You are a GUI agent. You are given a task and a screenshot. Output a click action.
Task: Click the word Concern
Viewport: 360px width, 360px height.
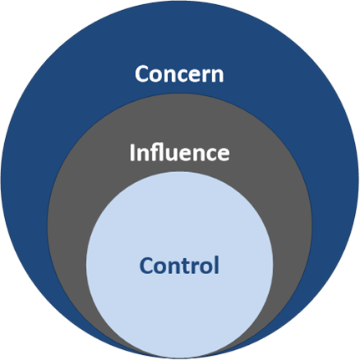click(180, 74)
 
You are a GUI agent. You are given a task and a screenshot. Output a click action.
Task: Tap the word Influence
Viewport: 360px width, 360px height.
click(180, 152)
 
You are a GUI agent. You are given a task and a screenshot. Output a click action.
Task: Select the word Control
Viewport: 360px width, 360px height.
click(180, 266)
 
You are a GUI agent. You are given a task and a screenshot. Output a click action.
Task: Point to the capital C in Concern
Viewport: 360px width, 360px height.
click(141, 74)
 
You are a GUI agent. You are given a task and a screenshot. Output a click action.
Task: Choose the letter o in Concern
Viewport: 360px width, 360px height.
click(156, 76)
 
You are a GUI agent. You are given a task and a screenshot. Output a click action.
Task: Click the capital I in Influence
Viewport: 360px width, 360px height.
click(132, 153)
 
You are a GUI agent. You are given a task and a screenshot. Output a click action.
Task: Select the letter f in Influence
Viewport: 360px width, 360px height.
click(155, 152)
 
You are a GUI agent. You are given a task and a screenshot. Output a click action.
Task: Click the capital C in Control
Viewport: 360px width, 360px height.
click(145, 266)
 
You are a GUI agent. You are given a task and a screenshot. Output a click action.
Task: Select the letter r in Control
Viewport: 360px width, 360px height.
click(196, 268)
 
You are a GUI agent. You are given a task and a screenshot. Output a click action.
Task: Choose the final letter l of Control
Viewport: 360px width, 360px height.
click(217, 266)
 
